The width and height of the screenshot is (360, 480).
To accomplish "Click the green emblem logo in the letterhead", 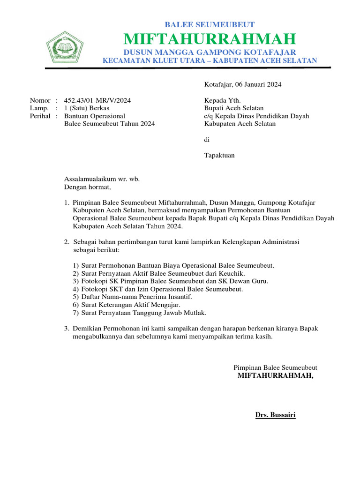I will [x=65, y=47].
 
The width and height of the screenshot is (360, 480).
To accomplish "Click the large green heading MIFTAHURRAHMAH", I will [x=210, y=38].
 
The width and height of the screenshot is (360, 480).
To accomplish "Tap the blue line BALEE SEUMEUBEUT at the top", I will [x=210, y=25].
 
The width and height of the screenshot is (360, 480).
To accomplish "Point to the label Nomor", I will [x=40, y=100].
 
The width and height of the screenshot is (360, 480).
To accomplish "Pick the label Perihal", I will [x=40, y=116].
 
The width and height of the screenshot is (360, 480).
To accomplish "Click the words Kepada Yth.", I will [x=222, y=100].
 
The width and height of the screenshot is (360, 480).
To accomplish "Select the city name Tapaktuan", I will [x=219, y=155].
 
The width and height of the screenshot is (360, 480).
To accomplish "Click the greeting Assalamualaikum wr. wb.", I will [x=102, y=179].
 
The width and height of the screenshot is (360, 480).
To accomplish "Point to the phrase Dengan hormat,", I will [x=88, y=187].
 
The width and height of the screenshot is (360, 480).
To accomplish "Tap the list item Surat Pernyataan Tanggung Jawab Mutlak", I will [x=143, y=313].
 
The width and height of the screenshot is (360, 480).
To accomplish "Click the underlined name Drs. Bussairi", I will [x=275, y=415].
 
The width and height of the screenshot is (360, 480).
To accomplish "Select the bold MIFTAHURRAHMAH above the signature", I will [x=276, y=375].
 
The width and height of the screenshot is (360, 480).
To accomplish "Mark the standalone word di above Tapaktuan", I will [x=207, y=140].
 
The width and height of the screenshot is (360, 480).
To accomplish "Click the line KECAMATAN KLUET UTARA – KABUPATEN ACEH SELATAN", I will [x=210, y=60].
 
